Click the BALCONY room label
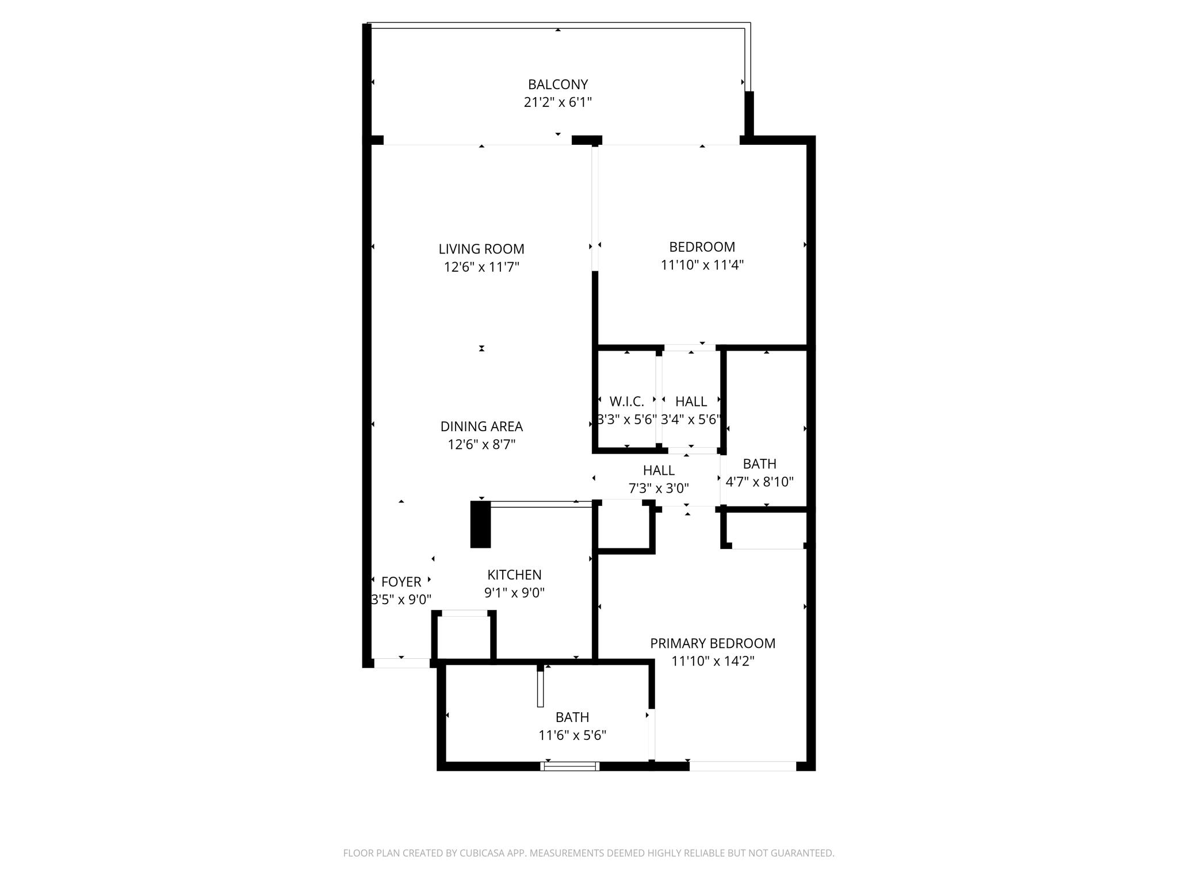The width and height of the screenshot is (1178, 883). click(558, 85)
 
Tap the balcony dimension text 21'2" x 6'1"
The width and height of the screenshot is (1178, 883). click(558, 102)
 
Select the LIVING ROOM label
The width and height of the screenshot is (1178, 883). click(481, 249)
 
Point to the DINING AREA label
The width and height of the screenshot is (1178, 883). click(481, 427)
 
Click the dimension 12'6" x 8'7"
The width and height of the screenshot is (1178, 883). click(481, 444)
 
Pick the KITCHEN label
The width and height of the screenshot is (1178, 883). click(514, 575)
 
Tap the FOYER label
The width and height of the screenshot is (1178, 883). click(401, 582)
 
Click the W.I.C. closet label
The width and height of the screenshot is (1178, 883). click(626, 401)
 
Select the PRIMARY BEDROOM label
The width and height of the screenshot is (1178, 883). click(713, 643)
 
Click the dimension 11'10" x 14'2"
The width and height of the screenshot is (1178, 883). click(713, 661)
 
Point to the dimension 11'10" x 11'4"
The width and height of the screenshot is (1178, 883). click(702, 265)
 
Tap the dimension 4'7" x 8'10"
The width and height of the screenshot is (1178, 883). click(759, 482)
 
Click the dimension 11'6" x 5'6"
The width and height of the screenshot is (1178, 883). click(572, 735)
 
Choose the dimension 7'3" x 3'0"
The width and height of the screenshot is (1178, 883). click(659, 488)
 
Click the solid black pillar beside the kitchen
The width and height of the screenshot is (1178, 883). click(480, 524)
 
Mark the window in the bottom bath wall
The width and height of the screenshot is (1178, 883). click(569, 766)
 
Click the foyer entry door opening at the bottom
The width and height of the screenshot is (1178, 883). click(401, 663)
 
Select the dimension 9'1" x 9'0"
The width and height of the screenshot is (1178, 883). click(514, 593)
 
